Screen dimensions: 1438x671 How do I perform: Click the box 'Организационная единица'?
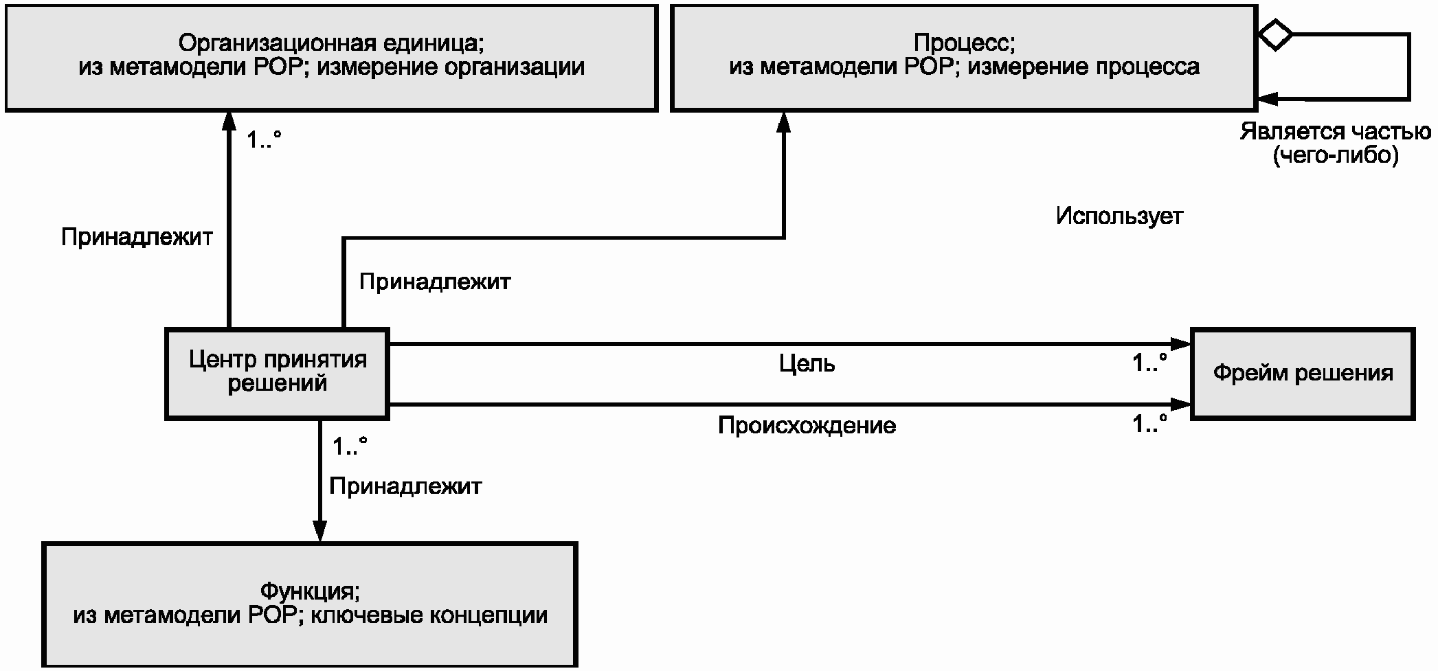click(331, 58)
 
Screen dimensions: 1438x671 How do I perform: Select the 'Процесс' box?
click(964, 58)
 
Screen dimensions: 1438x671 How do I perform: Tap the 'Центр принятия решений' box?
click(278, 374)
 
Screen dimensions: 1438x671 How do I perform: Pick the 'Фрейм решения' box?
click(1303, 374)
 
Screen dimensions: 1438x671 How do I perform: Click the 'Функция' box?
click(310, 604)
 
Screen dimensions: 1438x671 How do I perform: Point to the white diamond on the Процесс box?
click(1275, 34)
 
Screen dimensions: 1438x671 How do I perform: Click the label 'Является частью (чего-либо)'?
click(1336, 144)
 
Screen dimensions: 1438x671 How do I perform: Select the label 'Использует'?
click(1119, 216)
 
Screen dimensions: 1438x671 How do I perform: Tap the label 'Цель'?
click(807, 363)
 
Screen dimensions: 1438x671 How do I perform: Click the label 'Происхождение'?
click(807, 426)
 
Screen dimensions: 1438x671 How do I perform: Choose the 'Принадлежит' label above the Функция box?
click(405, 486)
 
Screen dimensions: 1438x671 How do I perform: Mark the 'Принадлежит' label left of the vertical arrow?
click(137, 237)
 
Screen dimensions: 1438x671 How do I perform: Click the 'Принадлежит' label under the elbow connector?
click(435, 282)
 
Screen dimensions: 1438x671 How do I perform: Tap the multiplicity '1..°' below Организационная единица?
click(265, 140)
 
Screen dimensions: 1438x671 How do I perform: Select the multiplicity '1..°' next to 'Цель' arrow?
click(1150, 362)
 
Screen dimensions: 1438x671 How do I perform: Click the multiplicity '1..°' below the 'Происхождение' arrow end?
click(1150, 424)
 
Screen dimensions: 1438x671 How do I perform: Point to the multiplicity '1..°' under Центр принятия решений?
click(350, 446)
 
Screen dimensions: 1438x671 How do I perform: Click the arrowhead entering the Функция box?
click(319, 532)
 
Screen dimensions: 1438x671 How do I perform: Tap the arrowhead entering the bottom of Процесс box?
click(783, 122)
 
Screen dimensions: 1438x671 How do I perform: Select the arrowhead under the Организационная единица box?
click(229, 122)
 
